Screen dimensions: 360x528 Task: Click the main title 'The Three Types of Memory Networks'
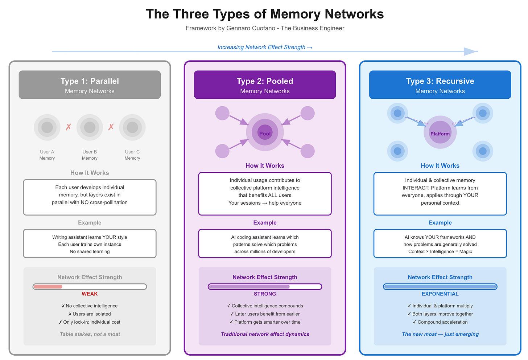265,14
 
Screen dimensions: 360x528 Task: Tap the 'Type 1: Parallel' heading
90,81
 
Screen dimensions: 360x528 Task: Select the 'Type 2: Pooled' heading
265,81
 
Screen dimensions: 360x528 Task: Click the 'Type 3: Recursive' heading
440,81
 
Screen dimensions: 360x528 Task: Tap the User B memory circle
90,127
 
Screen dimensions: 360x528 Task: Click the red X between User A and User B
68,127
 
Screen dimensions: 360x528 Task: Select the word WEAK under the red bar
90,294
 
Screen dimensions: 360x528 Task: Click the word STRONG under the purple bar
265,294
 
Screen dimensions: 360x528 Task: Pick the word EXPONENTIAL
440,294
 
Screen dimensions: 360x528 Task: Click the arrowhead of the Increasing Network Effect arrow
471,52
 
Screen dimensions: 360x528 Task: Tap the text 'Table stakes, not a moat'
90,334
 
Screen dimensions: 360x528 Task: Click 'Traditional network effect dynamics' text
265,334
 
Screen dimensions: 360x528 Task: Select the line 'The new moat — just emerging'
440,334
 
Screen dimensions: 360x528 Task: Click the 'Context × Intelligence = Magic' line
440,251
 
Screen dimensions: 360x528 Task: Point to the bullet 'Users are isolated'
90,314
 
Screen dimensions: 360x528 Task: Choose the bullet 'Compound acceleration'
440,322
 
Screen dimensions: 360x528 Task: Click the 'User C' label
132,152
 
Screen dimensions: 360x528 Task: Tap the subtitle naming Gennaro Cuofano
265,28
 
